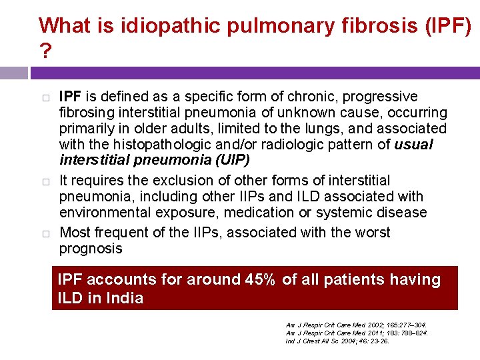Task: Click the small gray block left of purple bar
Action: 13,73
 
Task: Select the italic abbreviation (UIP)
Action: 228,161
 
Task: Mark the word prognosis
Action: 91,249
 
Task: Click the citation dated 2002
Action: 356,324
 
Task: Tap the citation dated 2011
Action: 356,333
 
